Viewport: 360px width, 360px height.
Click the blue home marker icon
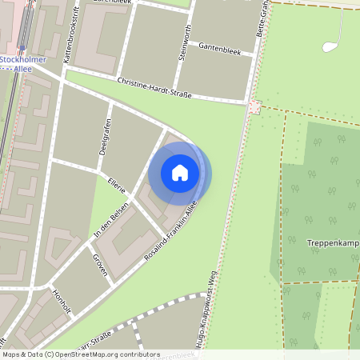click(x=180, y=173)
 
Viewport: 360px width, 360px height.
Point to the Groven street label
click(x=100, y=263)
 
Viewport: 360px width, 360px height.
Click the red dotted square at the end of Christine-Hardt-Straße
click(x=255, y=106)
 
